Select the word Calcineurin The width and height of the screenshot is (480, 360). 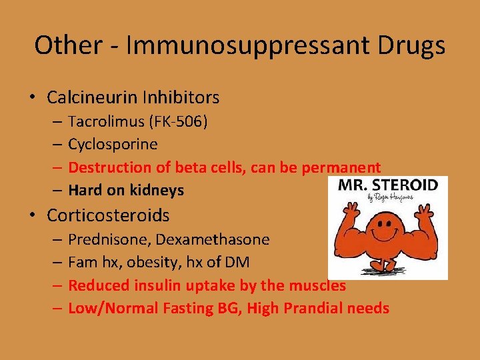click(x=92, y=97)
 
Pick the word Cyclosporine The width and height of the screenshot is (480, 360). click(x=113, y=145)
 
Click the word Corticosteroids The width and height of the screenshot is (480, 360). click(x=108, y=215)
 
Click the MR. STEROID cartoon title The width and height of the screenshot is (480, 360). click(x=387, y=185)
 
